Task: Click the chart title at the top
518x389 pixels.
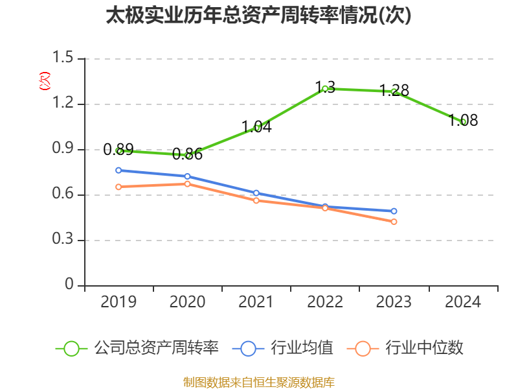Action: [x=258, y=16]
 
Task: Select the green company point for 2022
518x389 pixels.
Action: [x=325, y=88]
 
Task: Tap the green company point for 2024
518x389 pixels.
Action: [x=463, y=121]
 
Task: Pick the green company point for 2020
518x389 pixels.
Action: [x=188, y=155]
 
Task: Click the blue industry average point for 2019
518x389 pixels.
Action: [x=118, y=171]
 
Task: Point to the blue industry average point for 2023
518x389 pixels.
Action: [x=394, y=211]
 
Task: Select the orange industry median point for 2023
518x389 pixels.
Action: [x=394, y=222]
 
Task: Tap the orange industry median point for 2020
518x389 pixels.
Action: [x=188, y=183]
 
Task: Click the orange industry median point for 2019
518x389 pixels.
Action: [x=118, y=187]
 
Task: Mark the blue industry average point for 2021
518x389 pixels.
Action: [x=256, y=193]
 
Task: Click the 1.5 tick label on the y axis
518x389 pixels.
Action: [x=64, y=59]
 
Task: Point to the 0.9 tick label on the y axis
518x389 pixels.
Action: [x=64, y=150]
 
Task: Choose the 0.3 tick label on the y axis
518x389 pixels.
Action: [x=64, y=241]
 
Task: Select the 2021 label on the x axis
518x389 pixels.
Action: [x=256, y=302]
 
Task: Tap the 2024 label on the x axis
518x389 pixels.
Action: [x=463, y=302]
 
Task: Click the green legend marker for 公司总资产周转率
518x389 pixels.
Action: [x=71, y=348]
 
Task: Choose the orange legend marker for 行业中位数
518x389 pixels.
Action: [x=363, y=348]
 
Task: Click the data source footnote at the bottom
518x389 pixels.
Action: [x=258, y=382]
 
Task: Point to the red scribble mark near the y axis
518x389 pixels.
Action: [x=45, y=81]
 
